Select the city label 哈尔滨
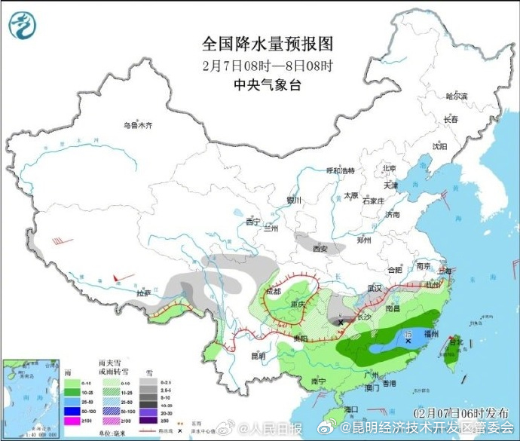457,96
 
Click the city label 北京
389,168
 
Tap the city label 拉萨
143,292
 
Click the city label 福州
432,332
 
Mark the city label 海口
351,409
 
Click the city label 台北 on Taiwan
456,341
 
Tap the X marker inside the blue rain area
408,341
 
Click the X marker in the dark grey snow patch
341,322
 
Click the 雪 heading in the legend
149,372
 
